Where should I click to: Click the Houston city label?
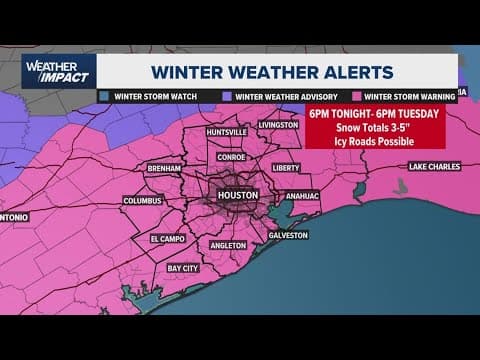pos(238,194)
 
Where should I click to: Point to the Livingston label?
pos(278,125)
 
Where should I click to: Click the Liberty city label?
pos(286,168)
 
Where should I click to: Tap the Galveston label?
pos(288,235)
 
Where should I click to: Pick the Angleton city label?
pos(229,245)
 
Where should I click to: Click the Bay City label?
pos(183,268)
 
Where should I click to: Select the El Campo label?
pos(169,239)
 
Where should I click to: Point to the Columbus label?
pos(143,200)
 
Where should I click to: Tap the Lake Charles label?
pos(431,166)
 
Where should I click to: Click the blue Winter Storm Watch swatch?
pos(104,96)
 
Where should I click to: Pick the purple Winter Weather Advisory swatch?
pos(229,96)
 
